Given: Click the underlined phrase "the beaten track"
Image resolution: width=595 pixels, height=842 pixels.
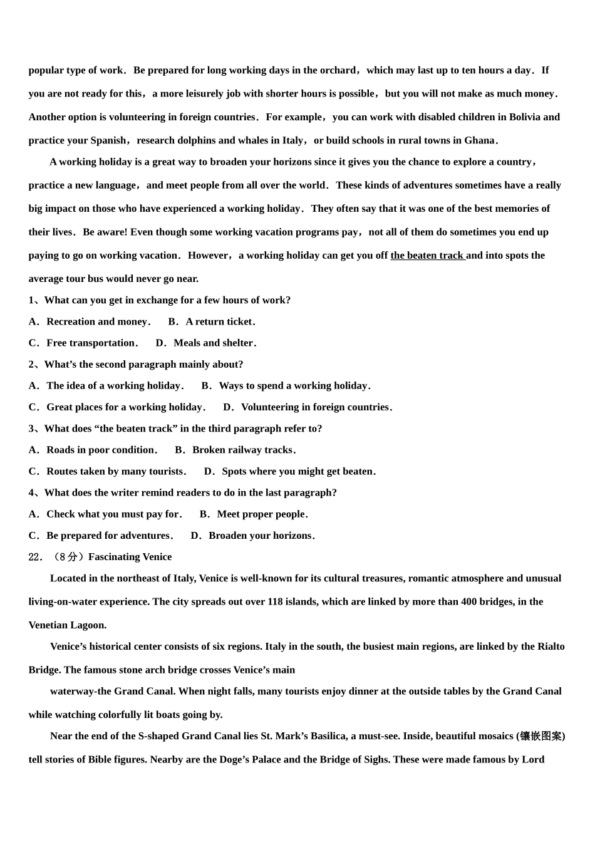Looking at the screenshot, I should coord(427,256).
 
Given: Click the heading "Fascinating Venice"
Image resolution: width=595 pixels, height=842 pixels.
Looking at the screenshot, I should coord(130,557).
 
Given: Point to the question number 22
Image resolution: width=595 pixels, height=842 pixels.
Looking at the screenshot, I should coord(34,557).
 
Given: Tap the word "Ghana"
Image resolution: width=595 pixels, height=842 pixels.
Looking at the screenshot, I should coord(480,141).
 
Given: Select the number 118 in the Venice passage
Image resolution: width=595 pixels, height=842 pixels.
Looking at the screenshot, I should coord(275,602).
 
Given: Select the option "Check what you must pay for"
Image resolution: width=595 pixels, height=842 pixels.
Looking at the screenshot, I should coord(113,514).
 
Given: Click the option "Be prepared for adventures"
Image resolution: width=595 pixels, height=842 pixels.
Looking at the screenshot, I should coord(108,536).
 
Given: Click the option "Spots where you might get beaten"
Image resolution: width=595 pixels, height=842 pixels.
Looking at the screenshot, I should coord(297,472).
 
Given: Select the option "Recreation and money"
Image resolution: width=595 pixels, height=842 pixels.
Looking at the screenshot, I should coord(97,322).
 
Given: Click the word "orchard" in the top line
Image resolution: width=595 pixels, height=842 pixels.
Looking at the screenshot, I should coord(338,71).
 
